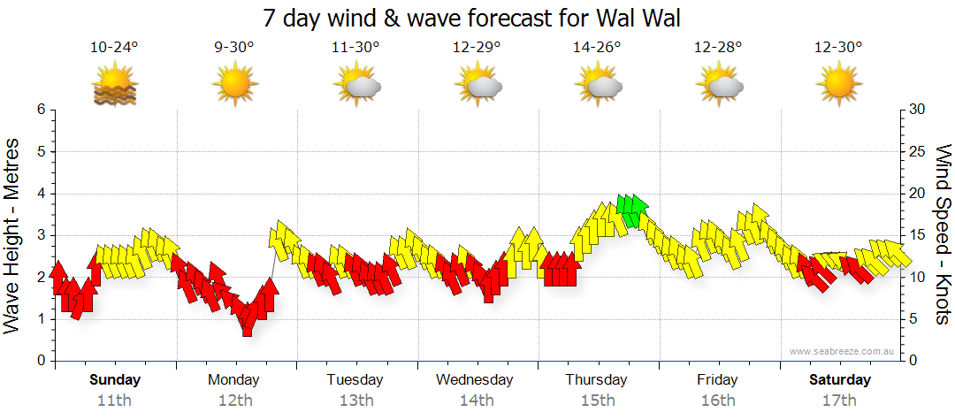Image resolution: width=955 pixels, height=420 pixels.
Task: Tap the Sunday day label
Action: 115,380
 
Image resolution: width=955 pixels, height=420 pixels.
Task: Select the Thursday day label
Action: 596,380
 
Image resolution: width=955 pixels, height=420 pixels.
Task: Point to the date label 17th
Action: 839,401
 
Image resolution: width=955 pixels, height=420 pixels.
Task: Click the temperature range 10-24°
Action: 114,47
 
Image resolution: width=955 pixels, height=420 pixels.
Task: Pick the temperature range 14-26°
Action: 597,47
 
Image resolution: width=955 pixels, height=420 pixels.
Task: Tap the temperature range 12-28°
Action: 717,47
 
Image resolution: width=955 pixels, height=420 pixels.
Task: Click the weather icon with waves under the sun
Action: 114,85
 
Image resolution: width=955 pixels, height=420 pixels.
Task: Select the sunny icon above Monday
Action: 234,85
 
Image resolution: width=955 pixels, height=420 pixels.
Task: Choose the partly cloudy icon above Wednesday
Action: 478,85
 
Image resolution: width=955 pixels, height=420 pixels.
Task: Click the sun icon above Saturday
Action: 839,85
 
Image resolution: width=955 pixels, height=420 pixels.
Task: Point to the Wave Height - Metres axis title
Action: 14,235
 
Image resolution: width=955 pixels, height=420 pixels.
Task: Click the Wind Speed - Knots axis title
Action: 941,235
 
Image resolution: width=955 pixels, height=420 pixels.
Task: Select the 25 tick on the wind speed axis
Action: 919,151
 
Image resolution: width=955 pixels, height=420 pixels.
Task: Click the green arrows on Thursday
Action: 631,209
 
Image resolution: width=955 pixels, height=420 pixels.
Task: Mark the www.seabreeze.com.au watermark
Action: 844,351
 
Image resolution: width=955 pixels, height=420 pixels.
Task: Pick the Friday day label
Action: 717,380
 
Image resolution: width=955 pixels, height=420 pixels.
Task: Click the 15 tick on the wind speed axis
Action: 919,235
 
